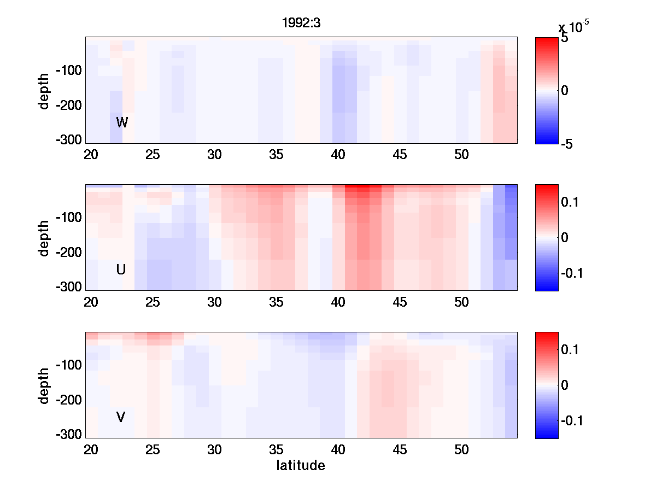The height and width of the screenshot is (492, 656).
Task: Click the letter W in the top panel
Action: click(122, 122)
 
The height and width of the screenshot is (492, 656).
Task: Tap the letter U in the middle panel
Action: click(121, 270)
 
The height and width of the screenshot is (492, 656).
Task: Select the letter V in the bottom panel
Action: click(121, 418)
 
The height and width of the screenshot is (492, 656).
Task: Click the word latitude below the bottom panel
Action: click(301, 466)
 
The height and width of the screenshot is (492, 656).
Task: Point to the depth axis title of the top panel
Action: click(44, 90)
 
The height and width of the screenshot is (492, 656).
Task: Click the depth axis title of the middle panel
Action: click(44, 238)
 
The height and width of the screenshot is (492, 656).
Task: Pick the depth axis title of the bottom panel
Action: click(44, 385)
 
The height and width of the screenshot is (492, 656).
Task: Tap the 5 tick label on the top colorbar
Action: click(564, 39)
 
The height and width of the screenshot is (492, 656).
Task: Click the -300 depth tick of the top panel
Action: click(68, 139)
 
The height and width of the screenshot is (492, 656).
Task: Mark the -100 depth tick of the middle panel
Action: click(68, 218)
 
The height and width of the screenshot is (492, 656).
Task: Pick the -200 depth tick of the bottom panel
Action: click(68, 400)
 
